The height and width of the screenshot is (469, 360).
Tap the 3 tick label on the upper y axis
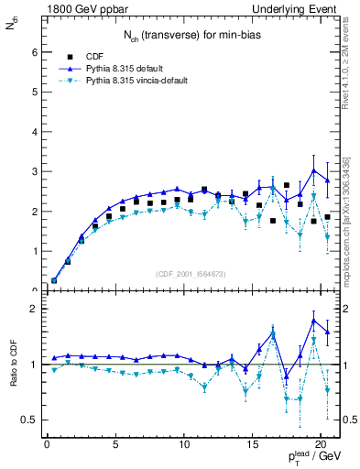click(x=32, y=171)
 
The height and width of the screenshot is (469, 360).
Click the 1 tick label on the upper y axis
click(x=32, y=251)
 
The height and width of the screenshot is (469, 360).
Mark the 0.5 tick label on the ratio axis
click(x=28, y=420)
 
